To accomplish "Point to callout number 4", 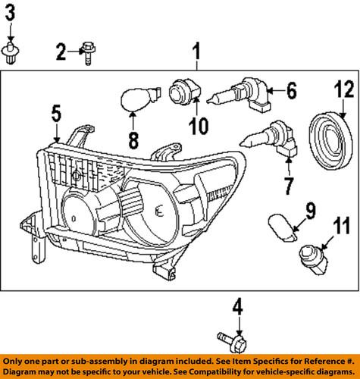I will click(x=239, y=308).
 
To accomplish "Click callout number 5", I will click(x=56, y=114).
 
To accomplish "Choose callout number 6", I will click(x=290, y=92).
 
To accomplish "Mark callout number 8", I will click(x=132, y=139).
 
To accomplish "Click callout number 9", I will click(x=311, y=207).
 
